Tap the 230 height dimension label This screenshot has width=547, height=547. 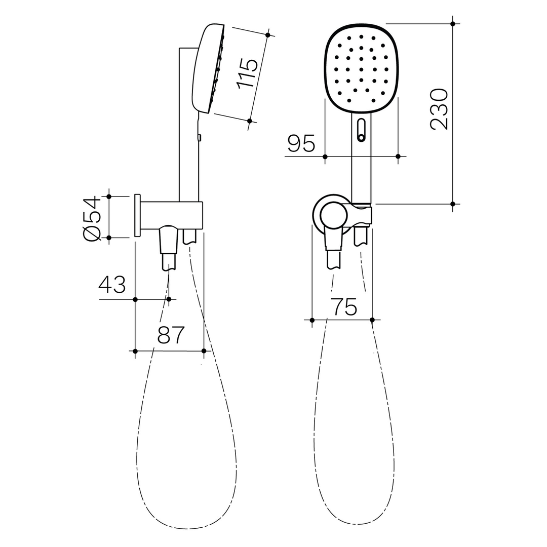pyautogui.click(x=439, y=109)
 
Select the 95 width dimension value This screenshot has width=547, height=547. pyautogui.click(x=301, y=143)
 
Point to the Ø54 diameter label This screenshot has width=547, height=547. pyautogui.click(x=93, y=218)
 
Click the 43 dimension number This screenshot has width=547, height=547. pyautogui.click(x=112, y=285)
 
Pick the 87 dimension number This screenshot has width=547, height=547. pyautogui.click(x=171, y=335)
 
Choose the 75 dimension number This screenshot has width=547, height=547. pyautogui.click(x=344, y=307)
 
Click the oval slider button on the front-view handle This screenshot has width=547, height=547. pyautogui.click(x=361, y=129)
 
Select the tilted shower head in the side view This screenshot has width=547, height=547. pyautogui.click(x=208, y=68)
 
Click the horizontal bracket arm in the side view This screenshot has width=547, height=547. pyautogui.click(x=172, y=215)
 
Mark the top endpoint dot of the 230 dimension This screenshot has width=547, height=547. pyautogui.click(x=452, y=23)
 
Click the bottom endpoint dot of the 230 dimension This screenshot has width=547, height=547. pyautogui.click(x=452, y=204)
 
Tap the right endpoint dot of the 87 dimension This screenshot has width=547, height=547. pyautogui.click(x=204, y=350)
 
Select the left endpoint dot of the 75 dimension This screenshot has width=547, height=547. pyautogui.click(x=312, y=320)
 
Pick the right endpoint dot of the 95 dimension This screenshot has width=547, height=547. pyautogui.click(x=398, y=156)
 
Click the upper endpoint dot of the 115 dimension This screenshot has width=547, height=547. pyautogui.click(x=267, y=34)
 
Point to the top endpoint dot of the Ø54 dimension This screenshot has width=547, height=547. pyautogui.click(x=108, y=196)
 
